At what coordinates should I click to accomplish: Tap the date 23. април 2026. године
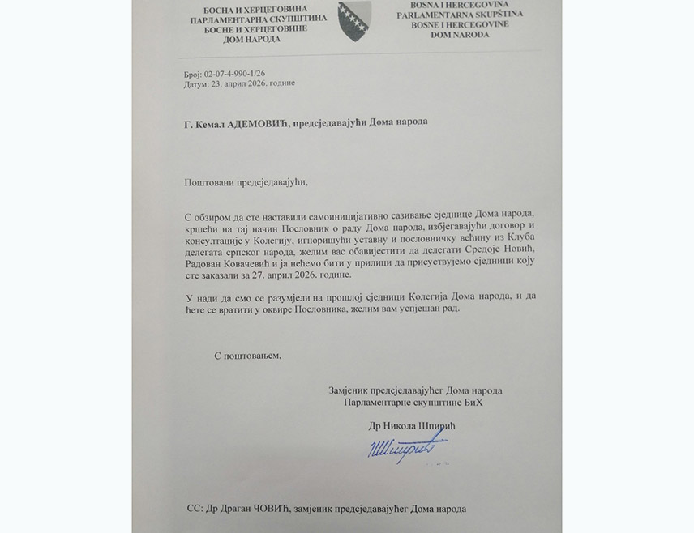coord(249,83)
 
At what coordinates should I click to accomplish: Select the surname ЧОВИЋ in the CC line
coord(263,507)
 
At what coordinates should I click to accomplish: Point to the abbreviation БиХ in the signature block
coord(482,402)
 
